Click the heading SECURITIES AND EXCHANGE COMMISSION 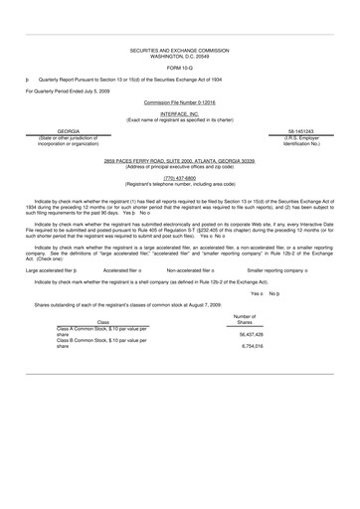tap(180, 47)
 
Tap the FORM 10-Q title tap(180, 65)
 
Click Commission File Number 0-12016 tap(180, 102)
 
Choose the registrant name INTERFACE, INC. tap(180, 114)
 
